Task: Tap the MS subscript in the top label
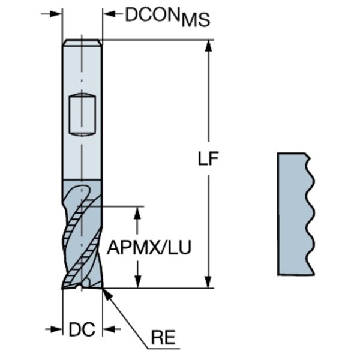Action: pos(196,20)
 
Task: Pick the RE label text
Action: pos(162,338)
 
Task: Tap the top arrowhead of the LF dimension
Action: pos(208,46)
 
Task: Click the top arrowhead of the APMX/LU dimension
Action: pos(139,212)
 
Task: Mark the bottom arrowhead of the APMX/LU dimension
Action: pos(139,282)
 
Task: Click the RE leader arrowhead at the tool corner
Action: pos(106,292)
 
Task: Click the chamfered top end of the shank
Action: pos(82,42)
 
